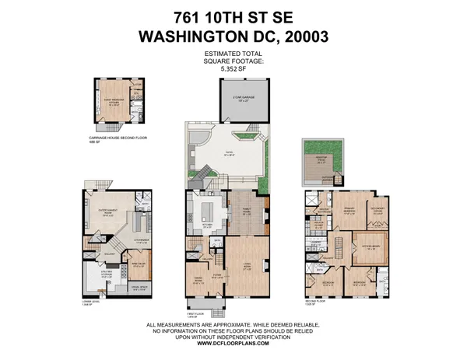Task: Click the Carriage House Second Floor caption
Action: tap(117, 138)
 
